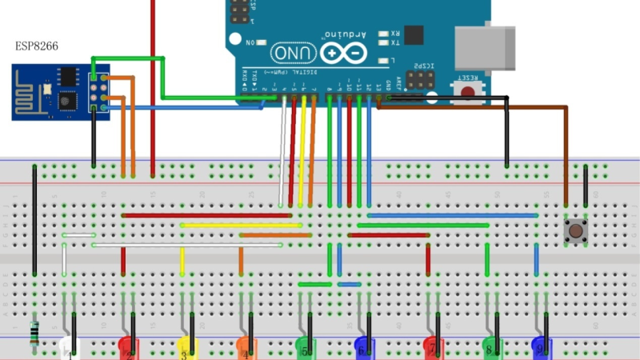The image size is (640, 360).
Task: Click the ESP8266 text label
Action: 37,46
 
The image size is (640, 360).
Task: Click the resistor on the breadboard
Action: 34,332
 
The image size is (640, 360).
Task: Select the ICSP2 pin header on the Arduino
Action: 420,80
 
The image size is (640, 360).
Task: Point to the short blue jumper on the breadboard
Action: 350,284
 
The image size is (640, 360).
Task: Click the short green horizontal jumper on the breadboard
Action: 314,284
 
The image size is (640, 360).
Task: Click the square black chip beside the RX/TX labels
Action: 414,34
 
